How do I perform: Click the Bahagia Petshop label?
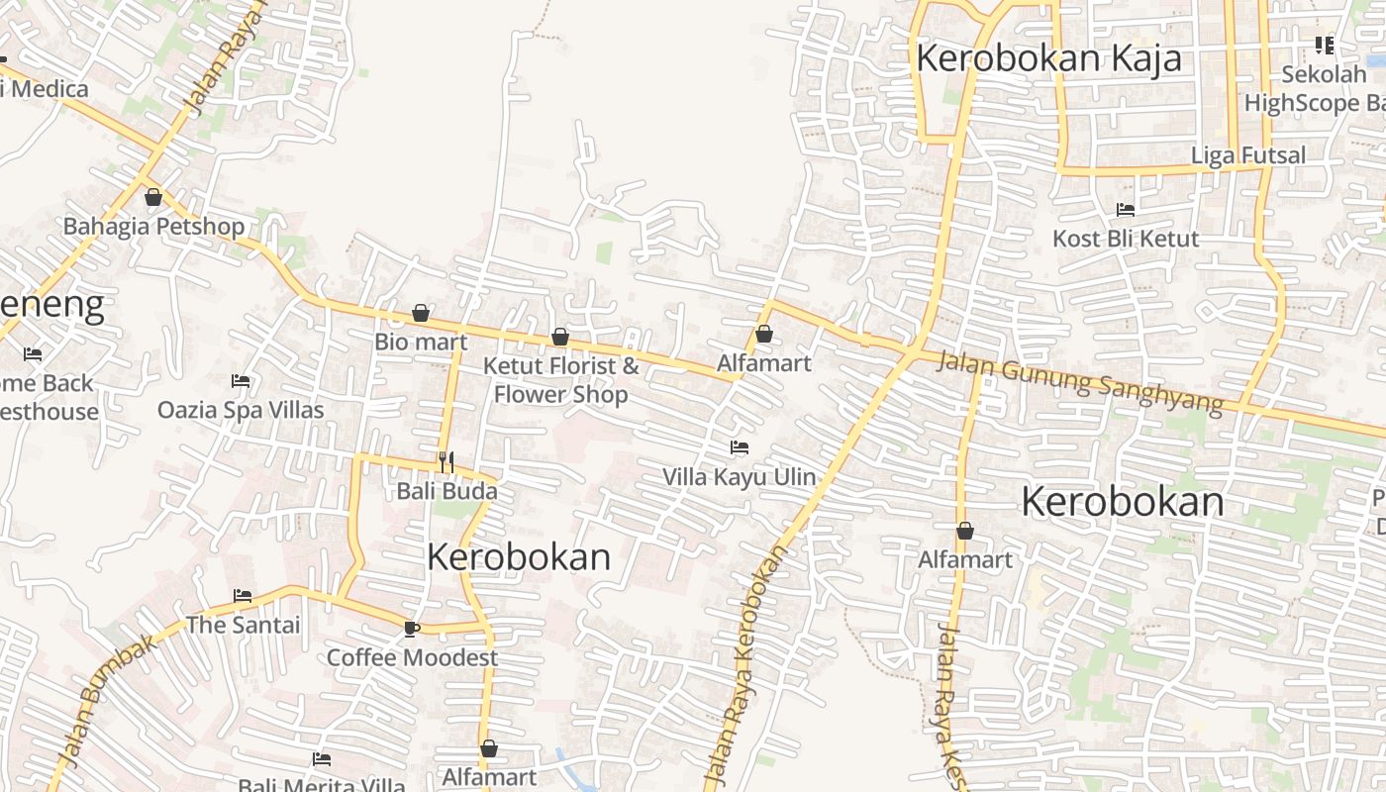153,227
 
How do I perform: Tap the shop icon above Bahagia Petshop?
153,197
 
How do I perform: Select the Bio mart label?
421,343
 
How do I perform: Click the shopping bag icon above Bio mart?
421,313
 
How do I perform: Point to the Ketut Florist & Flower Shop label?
560,380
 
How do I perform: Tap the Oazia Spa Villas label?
241,410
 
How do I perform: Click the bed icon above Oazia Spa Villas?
241,380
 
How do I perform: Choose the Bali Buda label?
446,491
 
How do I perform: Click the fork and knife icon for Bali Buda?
446,461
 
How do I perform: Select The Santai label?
243,625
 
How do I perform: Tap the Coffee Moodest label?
412,657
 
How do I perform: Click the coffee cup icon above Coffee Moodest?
412,628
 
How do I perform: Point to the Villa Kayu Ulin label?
739,477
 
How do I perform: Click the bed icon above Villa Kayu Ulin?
739,447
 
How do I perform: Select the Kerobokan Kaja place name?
1048,58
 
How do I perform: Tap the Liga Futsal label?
1248,155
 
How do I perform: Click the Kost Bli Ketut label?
1126,239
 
